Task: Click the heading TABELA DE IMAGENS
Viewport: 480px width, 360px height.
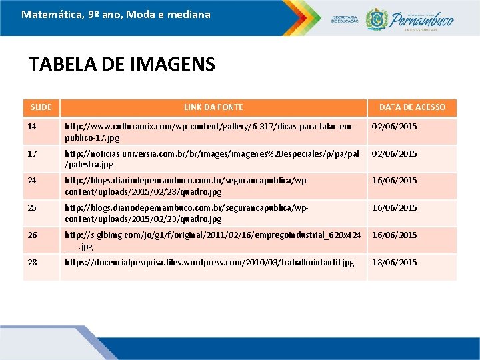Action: (122, 65)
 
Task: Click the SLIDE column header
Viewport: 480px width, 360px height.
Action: (41, 107)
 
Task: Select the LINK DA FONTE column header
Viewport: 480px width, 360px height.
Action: (213, 107)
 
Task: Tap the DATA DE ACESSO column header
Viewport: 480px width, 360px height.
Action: (412, 107)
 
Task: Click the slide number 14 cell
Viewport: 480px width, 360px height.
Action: (33, 127)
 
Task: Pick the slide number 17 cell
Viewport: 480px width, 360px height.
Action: (33, 154)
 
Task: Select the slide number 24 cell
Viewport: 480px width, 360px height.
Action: (33, 181)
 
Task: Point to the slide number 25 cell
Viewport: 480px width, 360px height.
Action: (33, 208)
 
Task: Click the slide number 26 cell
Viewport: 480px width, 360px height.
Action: (33, 235)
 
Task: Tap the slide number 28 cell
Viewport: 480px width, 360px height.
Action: (33, 263)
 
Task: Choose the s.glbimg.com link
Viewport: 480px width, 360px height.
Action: (212, 240)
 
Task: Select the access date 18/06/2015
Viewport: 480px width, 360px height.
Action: (394, 263)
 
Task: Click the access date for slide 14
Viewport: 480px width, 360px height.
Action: (394, 127)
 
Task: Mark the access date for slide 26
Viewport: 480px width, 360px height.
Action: (394, 235)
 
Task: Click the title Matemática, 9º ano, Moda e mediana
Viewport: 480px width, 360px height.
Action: (115, 14)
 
